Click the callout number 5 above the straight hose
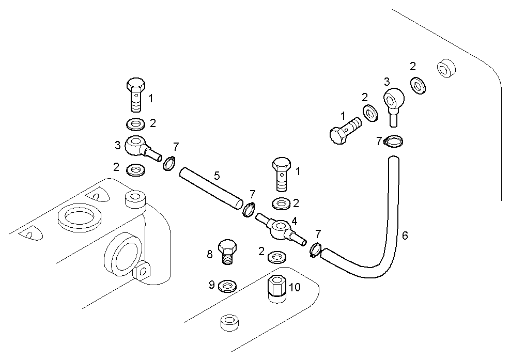click(x=217, y=176)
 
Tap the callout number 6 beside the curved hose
click(x=405, y=236)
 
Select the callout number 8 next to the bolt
click(x=210, y=254)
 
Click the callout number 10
click(x=295, y=287)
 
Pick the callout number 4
click(x=294, y=221)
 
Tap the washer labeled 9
click(x=228, y=285)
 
